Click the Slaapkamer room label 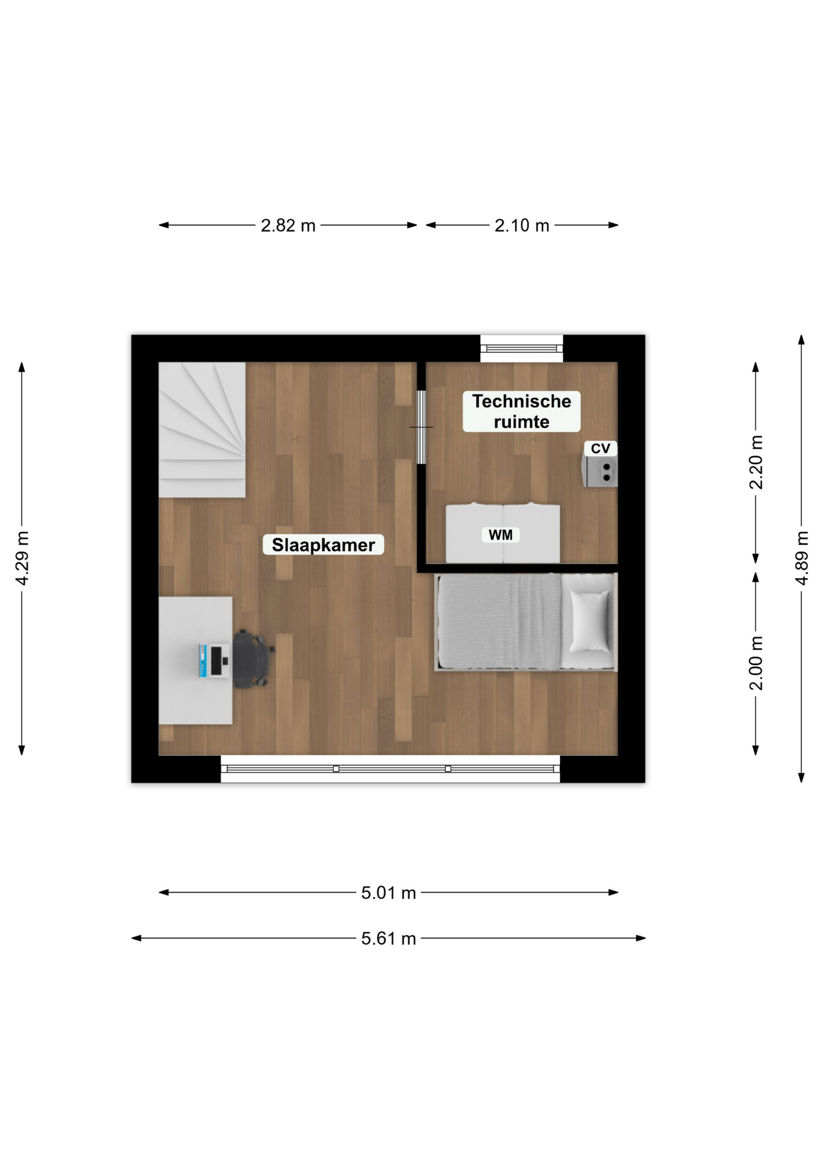click(323, 545)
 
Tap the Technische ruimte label click(521, 411)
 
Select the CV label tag click(600, 448)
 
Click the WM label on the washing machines click(501, 535)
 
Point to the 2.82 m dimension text click(288, 225)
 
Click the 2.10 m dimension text click(522, 225)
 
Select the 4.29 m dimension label click(22, 558)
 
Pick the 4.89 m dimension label click(801, 558)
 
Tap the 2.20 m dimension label click(756, 462)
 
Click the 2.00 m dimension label click(756, 663)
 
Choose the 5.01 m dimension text click(388, 893)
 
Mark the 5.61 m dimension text click(388, 938)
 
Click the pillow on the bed click(590, 621)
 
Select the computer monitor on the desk click(216, 661)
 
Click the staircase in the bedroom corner click(202, 429)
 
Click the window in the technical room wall click(522, 348)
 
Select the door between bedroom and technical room click(421, 427)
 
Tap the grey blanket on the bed click(499, 621)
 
